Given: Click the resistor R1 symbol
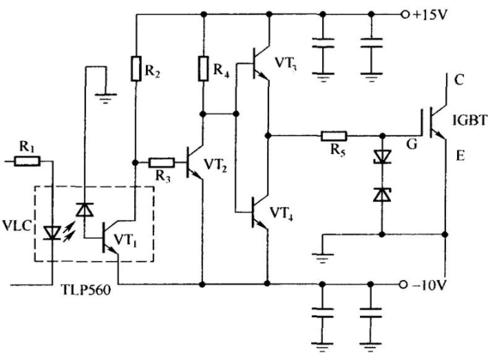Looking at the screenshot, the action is [27, 161].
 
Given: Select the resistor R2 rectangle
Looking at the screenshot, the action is [136, 68].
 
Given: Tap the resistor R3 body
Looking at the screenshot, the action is [161, 162].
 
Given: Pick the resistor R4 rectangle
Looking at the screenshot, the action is [203, 68].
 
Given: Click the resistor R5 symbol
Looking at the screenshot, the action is [334, 136].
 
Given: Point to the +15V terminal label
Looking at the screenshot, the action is [429, 14].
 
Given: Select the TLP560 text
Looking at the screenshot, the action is [86, 290].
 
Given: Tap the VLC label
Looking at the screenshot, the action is [17, 226].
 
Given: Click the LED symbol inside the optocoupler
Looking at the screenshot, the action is [52, 233].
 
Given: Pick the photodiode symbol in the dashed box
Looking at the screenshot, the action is [85, 209].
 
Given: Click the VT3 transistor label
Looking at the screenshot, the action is [285, 64].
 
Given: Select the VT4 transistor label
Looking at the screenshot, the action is [281, 214].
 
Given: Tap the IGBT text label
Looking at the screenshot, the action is [469, 120].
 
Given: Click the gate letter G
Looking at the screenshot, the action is [412, 145].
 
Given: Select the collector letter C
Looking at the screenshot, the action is [458, 80].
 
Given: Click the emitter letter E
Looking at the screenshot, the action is [460, 155].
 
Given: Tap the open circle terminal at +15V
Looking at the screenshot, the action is [405, 14].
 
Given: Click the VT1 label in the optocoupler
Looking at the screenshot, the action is [125, 240].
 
